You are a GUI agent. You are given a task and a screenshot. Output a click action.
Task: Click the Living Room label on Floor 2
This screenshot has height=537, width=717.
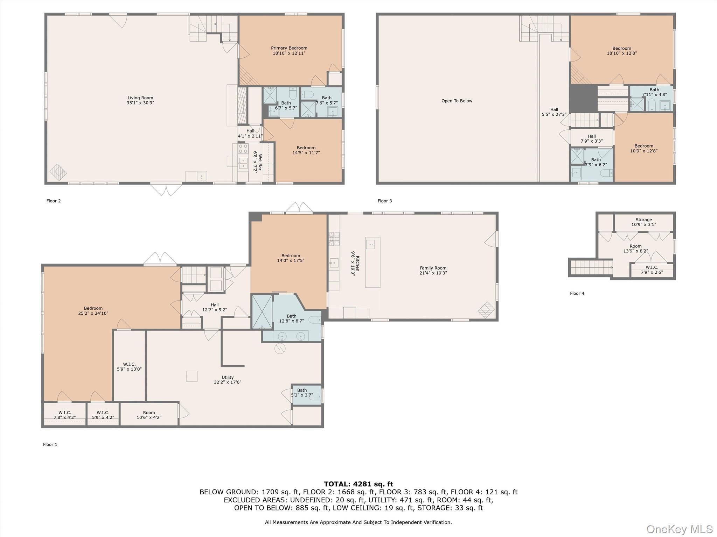coord(140,98)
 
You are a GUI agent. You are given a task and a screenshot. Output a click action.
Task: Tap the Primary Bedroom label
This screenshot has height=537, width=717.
coord(289,48)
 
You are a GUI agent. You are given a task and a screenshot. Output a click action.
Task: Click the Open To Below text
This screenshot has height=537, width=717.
coord(457,101)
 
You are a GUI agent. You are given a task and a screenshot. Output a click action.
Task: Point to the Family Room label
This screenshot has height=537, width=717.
coord(433,268)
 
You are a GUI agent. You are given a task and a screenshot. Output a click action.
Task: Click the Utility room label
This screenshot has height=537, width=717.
coord(228,377)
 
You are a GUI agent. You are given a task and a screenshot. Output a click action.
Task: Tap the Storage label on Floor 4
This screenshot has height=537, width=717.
coord(643,220)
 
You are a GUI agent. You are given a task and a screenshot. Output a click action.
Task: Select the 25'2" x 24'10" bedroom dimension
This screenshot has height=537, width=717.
coord(93,313)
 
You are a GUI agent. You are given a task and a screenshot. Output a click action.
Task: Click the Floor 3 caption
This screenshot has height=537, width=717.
coord(385,201)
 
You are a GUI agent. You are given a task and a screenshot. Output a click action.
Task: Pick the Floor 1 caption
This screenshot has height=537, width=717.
coord(50,444)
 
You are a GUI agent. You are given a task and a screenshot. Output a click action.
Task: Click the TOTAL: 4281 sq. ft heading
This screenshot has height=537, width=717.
coord(358,484)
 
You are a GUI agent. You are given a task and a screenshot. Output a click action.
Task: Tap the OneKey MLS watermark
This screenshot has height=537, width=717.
coord(680,529)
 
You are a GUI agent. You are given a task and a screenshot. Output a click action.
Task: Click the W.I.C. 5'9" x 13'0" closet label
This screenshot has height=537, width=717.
coord(129,367)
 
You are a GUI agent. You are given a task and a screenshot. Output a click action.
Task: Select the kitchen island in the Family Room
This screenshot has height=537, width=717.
coord(373,262)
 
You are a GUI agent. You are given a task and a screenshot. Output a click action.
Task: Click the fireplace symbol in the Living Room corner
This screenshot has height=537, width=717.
coord(58,172)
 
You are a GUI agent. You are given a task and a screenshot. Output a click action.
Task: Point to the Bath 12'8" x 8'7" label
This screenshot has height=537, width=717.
coord(291,318)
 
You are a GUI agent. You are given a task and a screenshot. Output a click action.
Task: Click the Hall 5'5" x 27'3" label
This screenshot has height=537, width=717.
coord(554,112)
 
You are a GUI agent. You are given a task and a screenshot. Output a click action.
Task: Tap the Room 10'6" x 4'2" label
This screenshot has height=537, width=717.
coord(149,415)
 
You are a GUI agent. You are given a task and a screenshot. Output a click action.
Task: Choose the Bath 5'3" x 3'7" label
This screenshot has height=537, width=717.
coord(302,393)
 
